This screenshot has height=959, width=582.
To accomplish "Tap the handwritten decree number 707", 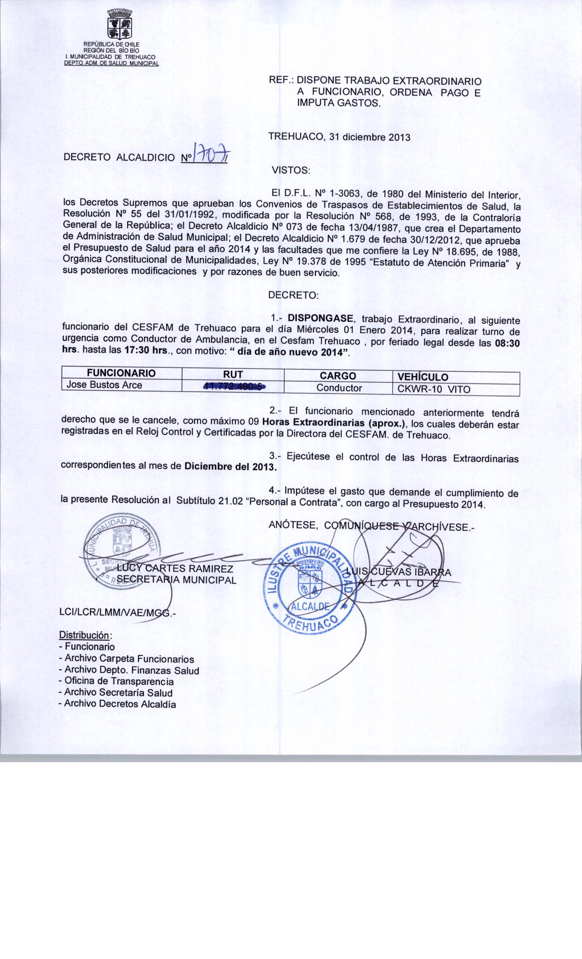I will (x=211, y=152).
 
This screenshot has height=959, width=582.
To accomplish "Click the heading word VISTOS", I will (x=290, y=171).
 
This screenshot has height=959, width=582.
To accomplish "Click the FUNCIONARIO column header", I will (x=121, y=373).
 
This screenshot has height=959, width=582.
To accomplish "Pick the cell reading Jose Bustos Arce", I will (x=105, y=385).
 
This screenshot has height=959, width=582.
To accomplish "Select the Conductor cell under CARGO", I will (x=339, y=388).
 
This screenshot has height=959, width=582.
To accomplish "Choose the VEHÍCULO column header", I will (x=423, y=377).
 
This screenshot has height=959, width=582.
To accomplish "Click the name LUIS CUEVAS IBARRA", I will (x=398, y=572).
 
